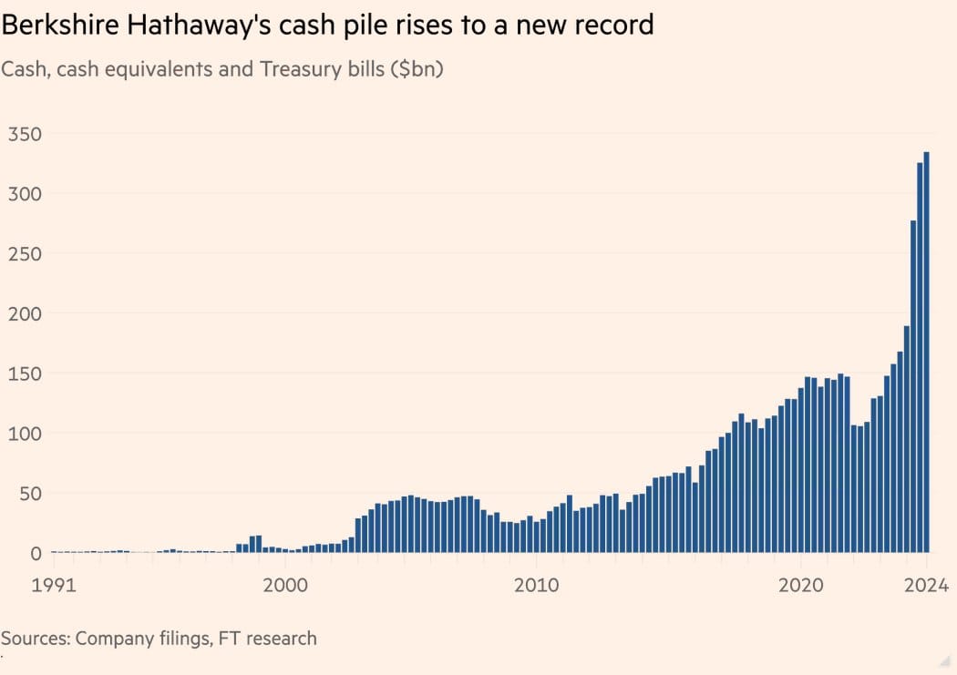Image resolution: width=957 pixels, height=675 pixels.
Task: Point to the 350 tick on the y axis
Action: tap(25, 134)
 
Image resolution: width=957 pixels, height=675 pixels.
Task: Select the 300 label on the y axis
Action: tap(25, 194)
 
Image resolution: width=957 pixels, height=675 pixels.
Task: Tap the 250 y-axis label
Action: tap(25, 254)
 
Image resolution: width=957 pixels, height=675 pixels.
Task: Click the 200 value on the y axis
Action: tap(25, 313)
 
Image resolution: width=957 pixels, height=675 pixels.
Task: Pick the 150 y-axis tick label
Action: tap(25, 373)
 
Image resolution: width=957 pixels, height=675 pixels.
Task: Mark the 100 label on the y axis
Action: tap(25, 434)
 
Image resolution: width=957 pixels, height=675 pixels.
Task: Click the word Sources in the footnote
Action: tap(36, 638)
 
